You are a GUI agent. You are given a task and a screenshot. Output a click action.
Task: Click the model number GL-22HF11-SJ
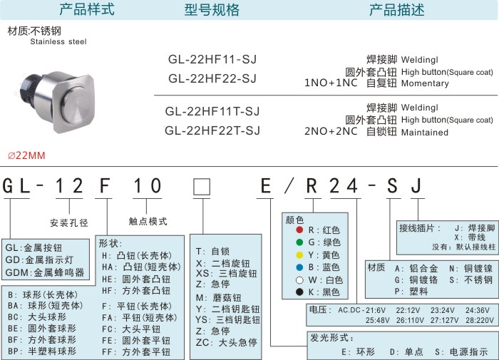(212, 59)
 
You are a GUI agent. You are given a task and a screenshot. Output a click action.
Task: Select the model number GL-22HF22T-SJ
(212, 130)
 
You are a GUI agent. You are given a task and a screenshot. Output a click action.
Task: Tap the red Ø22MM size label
(26, 155)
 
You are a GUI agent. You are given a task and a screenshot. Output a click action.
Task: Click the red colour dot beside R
(299, 230)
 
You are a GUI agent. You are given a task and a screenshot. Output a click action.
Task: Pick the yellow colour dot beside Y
(299, 255)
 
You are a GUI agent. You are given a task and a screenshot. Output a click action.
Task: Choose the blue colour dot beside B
(299, 267)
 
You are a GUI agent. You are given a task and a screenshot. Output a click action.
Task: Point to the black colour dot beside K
(299, 292)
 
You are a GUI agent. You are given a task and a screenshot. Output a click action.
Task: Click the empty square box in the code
(202, 187)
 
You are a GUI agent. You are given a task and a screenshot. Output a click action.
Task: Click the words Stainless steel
(58, 41)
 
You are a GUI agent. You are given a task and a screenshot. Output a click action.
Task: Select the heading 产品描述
(396, 9)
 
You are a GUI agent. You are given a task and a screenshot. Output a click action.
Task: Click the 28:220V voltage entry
(480, 320)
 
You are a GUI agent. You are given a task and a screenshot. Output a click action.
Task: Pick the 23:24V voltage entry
(443, 310)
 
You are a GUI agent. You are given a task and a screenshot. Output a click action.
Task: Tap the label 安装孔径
(69, 222)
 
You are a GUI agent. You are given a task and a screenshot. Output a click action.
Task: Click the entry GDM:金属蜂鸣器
(45, 272)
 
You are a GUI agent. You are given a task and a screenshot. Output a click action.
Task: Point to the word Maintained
(425, 133)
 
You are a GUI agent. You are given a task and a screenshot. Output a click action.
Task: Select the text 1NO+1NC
(331, 83)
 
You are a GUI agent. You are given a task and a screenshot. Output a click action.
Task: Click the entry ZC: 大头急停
(226, 342)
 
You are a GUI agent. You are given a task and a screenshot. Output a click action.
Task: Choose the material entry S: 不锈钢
(471, 279)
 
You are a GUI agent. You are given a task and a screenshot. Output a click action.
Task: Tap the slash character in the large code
(289, 186)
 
